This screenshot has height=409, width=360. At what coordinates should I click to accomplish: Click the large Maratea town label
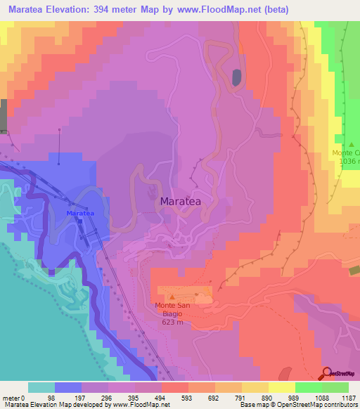tap(181, 202)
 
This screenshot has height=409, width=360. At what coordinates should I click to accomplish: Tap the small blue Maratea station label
tap(79, 213)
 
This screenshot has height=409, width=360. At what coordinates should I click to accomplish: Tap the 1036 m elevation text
tap(349, 161)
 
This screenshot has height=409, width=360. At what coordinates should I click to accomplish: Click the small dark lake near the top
tap(236, 77)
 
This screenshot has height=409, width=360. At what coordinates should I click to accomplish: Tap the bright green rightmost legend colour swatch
tap(335, 387)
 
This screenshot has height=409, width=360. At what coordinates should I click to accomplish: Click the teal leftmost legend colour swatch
tap(41, 387)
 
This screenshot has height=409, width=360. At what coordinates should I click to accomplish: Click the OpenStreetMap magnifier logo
tap(327, 374)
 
